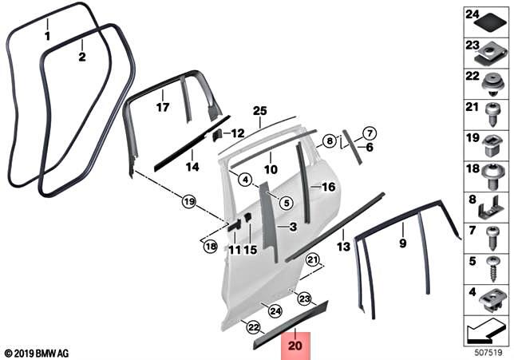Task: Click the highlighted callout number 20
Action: click(296, 347)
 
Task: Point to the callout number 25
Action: click(259, 110)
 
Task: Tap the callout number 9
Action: click(402, 241)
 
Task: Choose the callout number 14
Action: click(192, 167)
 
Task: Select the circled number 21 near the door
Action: click(313, 259)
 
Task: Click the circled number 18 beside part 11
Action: click(210, 247)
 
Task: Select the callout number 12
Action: click(237, 133)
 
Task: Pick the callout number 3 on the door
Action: click(292, 227)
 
